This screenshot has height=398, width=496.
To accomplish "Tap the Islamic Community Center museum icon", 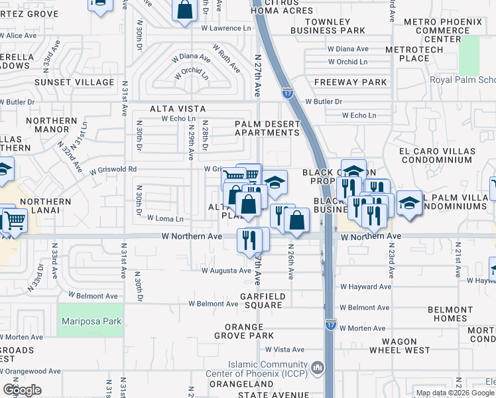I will [x=318, y=367].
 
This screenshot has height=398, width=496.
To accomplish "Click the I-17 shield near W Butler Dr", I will [x=287, y=94].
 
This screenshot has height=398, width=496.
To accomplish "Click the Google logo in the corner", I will [x=22, y=389].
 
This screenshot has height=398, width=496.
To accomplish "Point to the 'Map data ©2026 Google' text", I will [x=455, y=393].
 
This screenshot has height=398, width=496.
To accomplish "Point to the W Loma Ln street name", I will [x=165, y=218].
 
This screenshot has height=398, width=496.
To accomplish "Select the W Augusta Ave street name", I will [x=226, y=271].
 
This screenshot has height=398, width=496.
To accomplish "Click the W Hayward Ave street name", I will [x=365, y=287].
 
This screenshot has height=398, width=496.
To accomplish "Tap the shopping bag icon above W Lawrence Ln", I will [x=185, y=9].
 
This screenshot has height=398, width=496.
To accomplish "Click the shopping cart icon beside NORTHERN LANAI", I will [x=15, y=220].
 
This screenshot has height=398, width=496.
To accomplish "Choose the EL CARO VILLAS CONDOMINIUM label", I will [x=437, y=156].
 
